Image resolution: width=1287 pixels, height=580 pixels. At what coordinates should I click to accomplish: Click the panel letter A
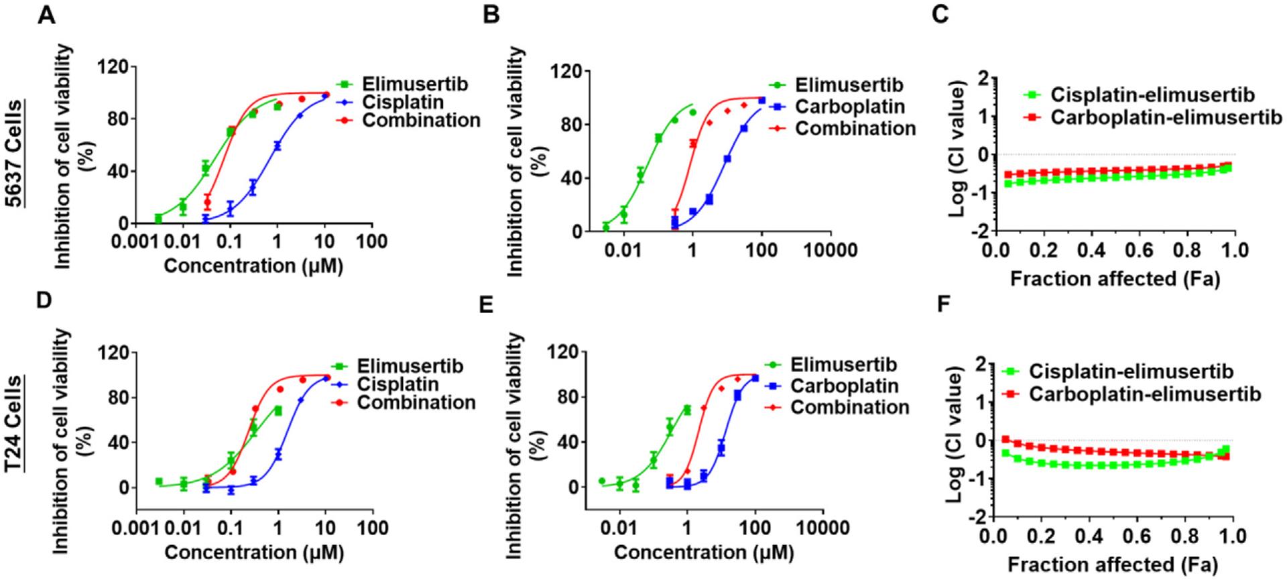(45, 13)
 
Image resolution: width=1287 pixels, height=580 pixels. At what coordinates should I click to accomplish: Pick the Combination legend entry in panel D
(416, 403)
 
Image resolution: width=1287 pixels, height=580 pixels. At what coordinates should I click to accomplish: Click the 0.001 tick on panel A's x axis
(134, 241)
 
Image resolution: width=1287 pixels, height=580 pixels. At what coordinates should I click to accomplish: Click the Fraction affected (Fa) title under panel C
(1114, 278)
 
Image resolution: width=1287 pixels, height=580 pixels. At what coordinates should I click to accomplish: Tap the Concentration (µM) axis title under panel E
(703, 553)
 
